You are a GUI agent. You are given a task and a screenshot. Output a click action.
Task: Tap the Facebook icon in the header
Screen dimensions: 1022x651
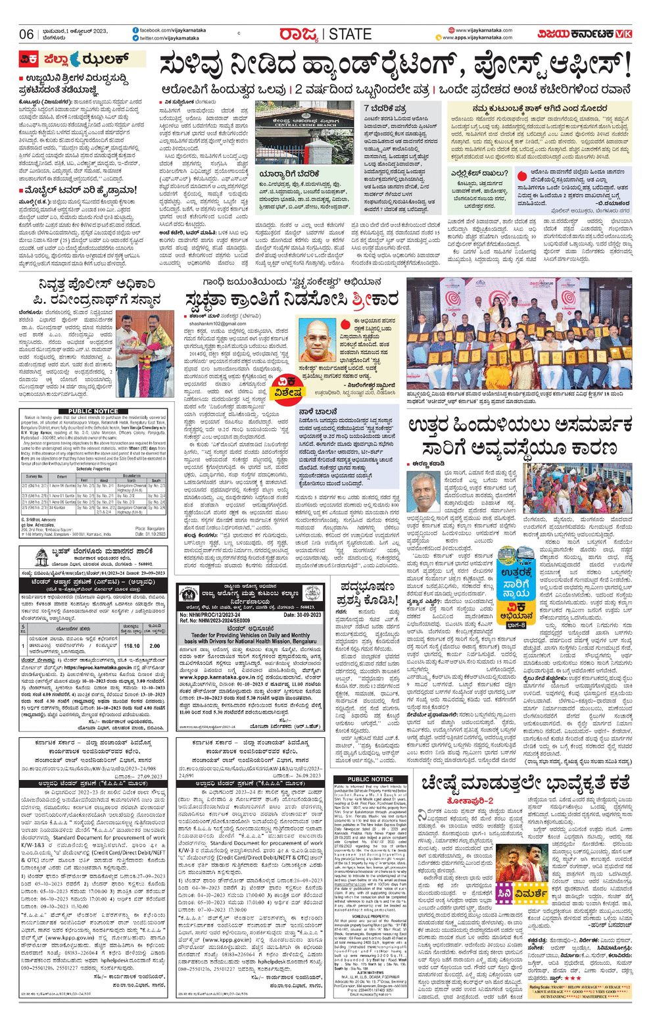[x=135, y=30]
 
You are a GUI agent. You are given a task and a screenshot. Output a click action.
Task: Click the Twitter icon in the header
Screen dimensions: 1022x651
[x=135, y=39]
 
